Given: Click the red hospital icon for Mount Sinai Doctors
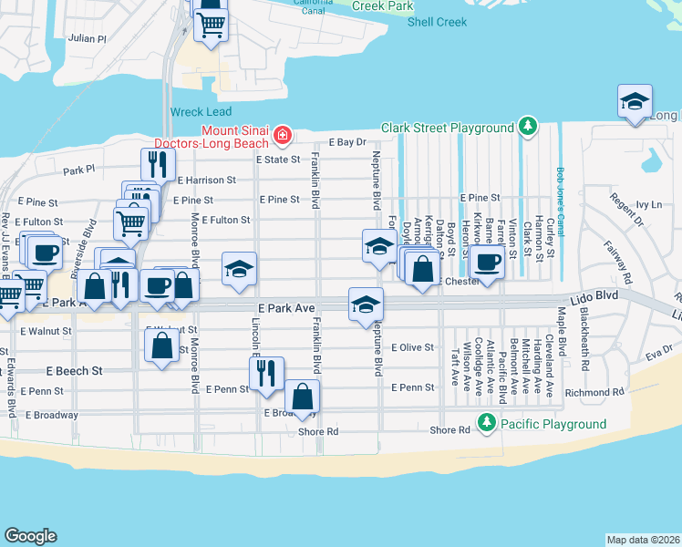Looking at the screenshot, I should click(283, 137).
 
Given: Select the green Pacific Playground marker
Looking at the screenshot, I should click(487, 424).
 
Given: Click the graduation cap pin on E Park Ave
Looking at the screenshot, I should click(366, 304).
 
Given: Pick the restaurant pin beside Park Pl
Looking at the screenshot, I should click(158, 164).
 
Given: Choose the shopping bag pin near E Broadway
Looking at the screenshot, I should click(302, 397).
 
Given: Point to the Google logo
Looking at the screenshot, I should click(30, 535).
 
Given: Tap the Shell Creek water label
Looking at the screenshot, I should click(437, 22).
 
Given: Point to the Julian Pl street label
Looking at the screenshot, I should click(88, 39).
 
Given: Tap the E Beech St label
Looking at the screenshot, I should click(74, 371).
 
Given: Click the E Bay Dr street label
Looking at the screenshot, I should click(346, 142).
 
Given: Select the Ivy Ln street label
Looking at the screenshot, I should click(648, 205).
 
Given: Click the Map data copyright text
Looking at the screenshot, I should click(643, 539).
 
